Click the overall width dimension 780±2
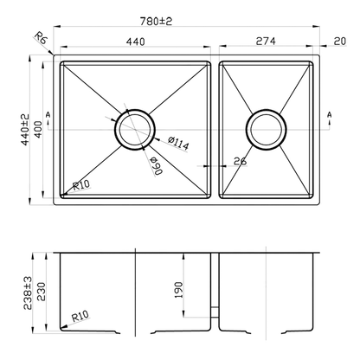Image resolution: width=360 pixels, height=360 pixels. point(185,18)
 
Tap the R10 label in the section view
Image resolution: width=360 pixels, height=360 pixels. point(80,318)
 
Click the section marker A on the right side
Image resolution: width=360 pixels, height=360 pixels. point(330,114)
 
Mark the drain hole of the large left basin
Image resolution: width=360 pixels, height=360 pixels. point(134,130)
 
